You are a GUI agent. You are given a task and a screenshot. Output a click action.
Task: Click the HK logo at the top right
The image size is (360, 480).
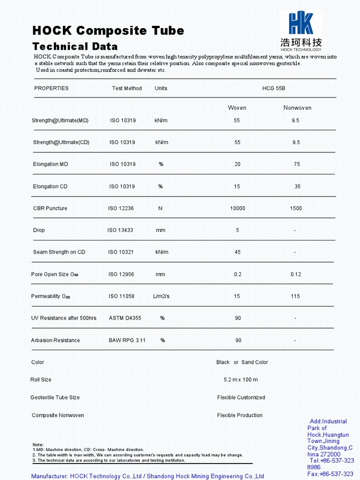[x=301, y=31]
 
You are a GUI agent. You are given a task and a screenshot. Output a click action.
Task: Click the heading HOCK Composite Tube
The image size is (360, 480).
[x=108, y=31]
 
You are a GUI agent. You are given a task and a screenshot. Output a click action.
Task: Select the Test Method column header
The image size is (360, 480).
[x=127, y=88]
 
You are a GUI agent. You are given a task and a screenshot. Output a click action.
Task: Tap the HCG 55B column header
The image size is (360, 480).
[x=274, y=88]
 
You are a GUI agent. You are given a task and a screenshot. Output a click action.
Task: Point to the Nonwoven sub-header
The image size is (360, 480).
[x=297, y=108]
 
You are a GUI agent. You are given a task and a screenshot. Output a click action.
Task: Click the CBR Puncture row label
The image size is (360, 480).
[x=50, y=208]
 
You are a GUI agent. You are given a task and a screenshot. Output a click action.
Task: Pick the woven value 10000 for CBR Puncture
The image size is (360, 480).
[x=237, y=208]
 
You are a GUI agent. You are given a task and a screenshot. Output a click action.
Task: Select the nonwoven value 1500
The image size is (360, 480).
[x=296, y=208]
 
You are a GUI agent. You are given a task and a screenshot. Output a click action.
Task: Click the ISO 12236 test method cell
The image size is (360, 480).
[x=121, y=208]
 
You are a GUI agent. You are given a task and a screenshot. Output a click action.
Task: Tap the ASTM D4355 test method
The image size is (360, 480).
[x=125, y=318]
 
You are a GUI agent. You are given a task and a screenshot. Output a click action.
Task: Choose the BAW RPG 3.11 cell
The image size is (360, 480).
[x=127, y=340]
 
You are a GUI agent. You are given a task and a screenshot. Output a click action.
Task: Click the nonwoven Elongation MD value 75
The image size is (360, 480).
[x=297, y=164]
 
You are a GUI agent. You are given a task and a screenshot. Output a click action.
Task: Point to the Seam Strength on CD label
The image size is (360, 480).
[x=59, y=252]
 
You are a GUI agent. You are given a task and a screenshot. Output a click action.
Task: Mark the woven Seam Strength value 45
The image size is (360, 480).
[x=238, y=252]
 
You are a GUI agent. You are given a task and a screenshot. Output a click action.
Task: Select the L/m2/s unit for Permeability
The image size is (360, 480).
[x=160, y=296]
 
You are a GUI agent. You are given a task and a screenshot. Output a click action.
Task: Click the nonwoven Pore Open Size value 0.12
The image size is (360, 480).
[x=296, y=274]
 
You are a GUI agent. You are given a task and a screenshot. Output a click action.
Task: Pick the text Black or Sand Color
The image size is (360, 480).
[x=242, y=362]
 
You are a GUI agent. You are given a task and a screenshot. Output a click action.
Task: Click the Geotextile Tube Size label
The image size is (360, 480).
[x=55, y=397]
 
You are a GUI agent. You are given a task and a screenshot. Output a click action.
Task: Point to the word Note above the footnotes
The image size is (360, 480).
[x=38, y=444]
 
